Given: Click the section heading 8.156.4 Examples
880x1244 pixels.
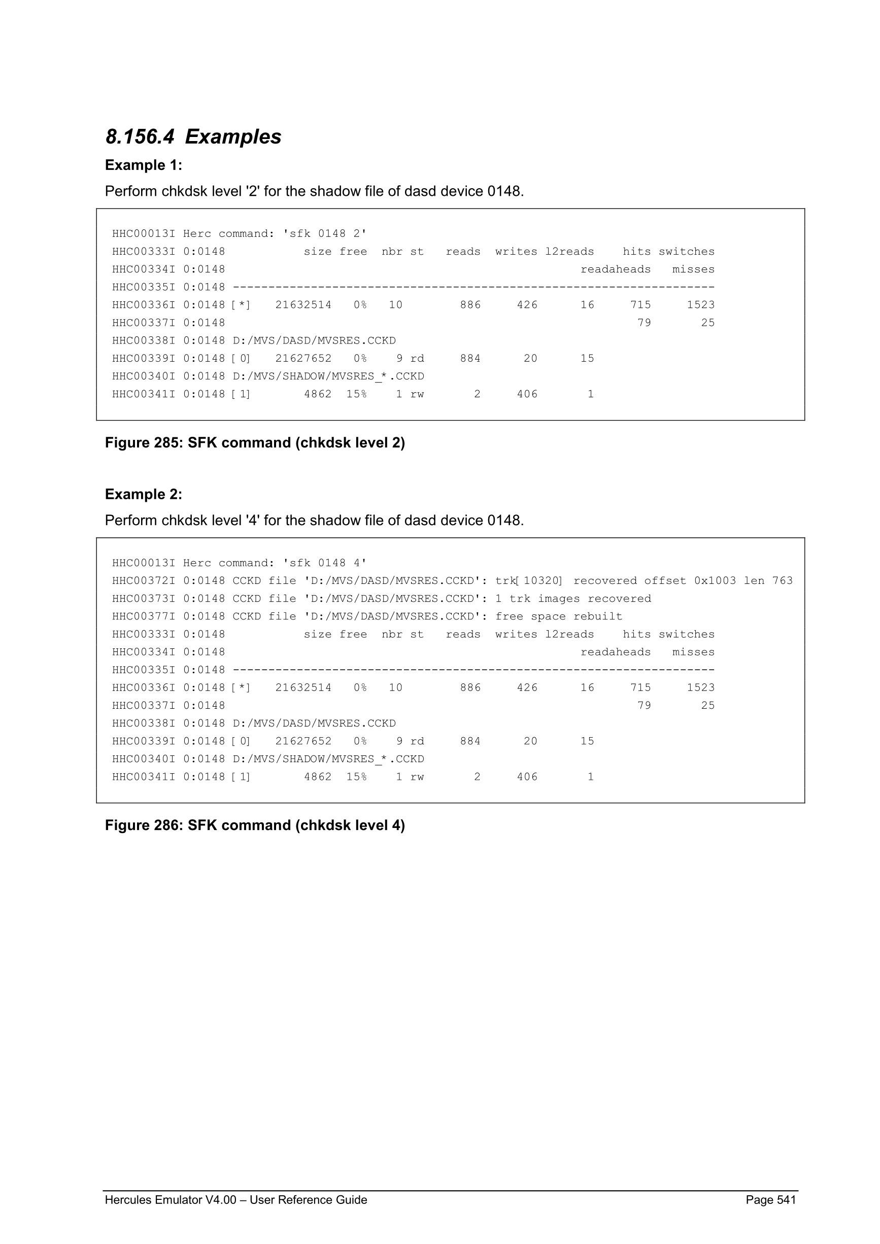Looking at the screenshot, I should coord(193,136).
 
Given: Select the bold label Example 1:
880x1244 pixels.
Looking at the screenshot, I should coord(144,165).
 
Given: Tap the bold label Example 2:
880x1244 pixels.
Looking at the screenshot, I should coord(144,494).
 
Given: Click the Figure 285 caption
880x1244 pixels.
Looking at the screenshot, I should coord(255,443).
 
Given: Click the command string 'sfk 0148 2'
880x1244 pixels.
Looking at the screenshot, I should coord(325,233).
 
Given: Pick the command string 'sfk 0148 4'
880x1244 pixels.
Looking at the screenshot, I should coord(325,563).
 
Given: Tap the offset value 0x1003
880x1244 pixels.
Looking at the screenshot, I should coord(715,581).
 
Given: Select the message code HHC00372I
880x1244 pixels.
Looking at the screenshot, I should coord(144,581).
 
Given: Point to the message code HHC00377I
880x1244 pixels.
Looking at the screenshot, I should coord(144,616).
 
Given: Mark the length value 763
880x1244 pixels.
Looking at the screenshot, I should coord(782,581).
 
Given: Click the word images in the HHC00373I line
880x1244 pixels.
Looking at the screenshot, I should coord(559,599).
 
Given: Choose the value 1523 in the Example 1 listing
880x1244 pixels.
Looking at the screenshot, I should coord(701,305).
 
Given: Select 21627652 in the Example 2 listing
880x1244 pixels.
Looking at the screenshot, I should coord(303,741).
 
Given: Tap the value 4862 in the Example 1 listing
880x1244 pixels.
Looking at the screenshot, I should coord(318,394).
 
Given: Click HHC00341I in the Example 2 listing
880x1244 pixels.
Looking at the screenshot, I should coord(144,777).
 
